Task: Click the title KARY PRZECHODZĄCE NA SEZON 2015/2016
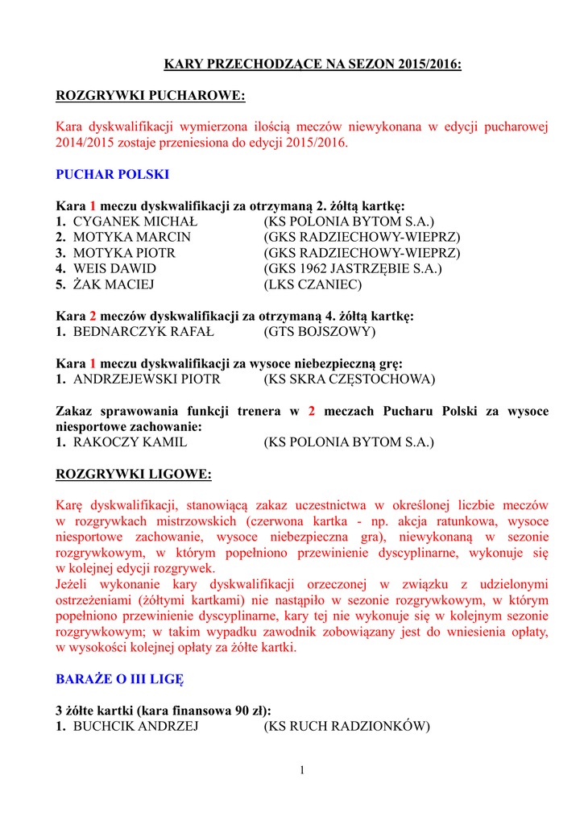[313, 64]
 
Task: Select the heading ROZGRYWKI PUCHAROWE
[150, 96]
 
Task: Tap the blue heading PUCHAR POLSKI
[112, 174]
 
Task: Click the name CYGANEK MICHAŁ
[135, 222]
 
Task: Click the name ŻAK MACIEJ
[114, 284]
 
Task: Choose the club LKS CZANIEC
[313, 284]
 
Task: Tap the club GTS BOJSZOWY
[320, 331]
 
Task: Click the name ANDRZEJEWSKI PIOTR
[147, 379]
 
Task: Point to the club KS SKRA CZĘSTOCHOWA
[350, 379]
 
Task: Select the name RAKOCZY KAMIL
[130, 442]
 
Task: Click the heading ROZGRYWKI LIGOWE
[133, 475]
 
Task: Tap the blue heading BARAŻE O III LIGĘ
[119, 679]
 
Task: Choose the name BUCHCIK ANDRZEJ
[136, 727]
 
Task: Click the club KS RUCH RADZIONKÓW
[347, 727]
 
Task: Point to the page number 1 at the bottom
[302, 771]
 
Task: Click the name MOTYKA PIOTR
[124, 253]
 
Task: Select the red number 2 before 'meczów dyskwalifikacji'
[93, 316]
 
